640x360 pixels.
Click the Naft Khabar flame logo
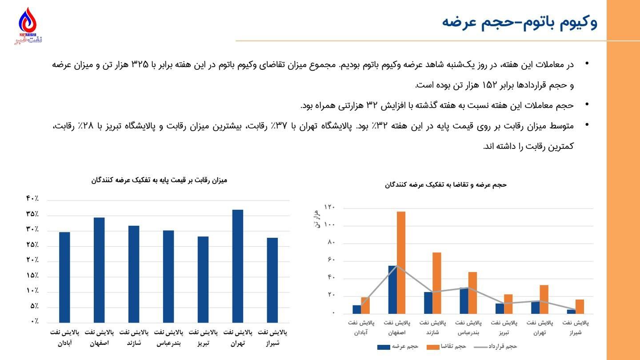point(28,23)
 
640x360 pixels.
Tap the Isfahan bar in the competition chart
point(99,270)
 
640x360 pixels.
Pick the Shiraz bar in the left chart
point(272,280)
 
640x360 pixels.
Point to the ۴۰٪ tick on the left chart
point(32,199)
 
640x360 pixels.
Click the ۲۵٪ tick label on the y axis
point(32,245)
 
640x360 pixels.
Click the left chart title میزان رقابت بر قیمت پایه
point(159,180)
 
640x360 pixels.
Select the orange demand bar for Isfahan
point(401,262)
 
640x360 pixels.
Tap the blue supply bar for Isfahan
point(392,289)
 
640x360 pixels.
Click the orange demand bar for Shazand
point(436,283)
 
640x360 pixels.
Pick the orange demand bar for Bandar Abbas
point(472,292)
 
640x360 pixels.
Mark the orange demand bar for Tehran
point(544,299)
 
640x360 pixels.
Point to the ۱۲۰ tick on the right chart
point(330,208)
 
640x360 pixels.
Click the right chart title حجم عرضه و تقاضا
point(446,185)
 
